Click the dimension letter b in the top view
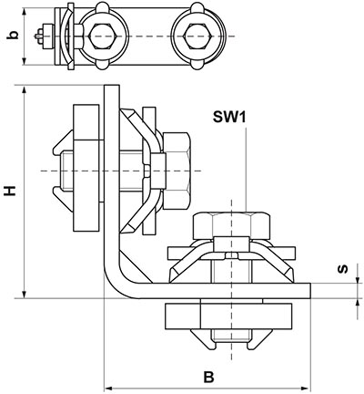[13, 35]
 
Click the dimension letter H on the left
[10, 191]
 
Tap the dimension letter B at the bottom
[208, 377]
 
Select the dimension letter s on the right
[343, 269]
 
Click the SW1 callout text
[229, 117]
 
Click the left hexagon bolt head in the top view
[104, 36]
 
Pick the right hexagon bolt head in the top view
[197, 36]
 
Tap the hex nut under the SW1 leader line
[231, 225]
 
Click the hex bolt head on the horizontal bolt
[177, 171]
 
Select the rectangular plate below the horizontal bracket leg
[228, 316]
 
